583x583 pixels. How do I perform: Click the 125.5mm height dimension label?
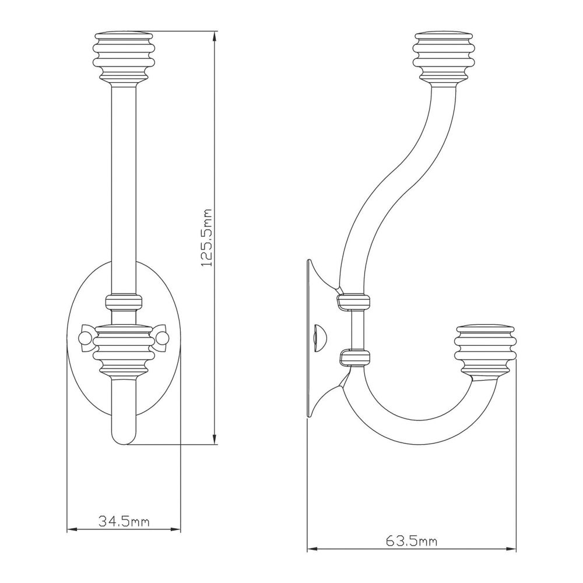coord(207,237)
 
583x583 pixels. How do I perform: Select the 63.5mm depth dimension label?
coord(411,540)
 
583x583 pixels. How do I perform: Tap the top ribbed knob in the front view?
coord(124,57)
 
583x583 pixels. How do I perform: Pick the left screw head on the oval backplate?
coord(85,338)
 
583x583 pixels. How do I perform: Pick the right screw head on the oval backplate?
coord(163,338)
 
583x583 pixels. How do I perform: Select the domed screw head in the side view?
coord(319,338)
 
